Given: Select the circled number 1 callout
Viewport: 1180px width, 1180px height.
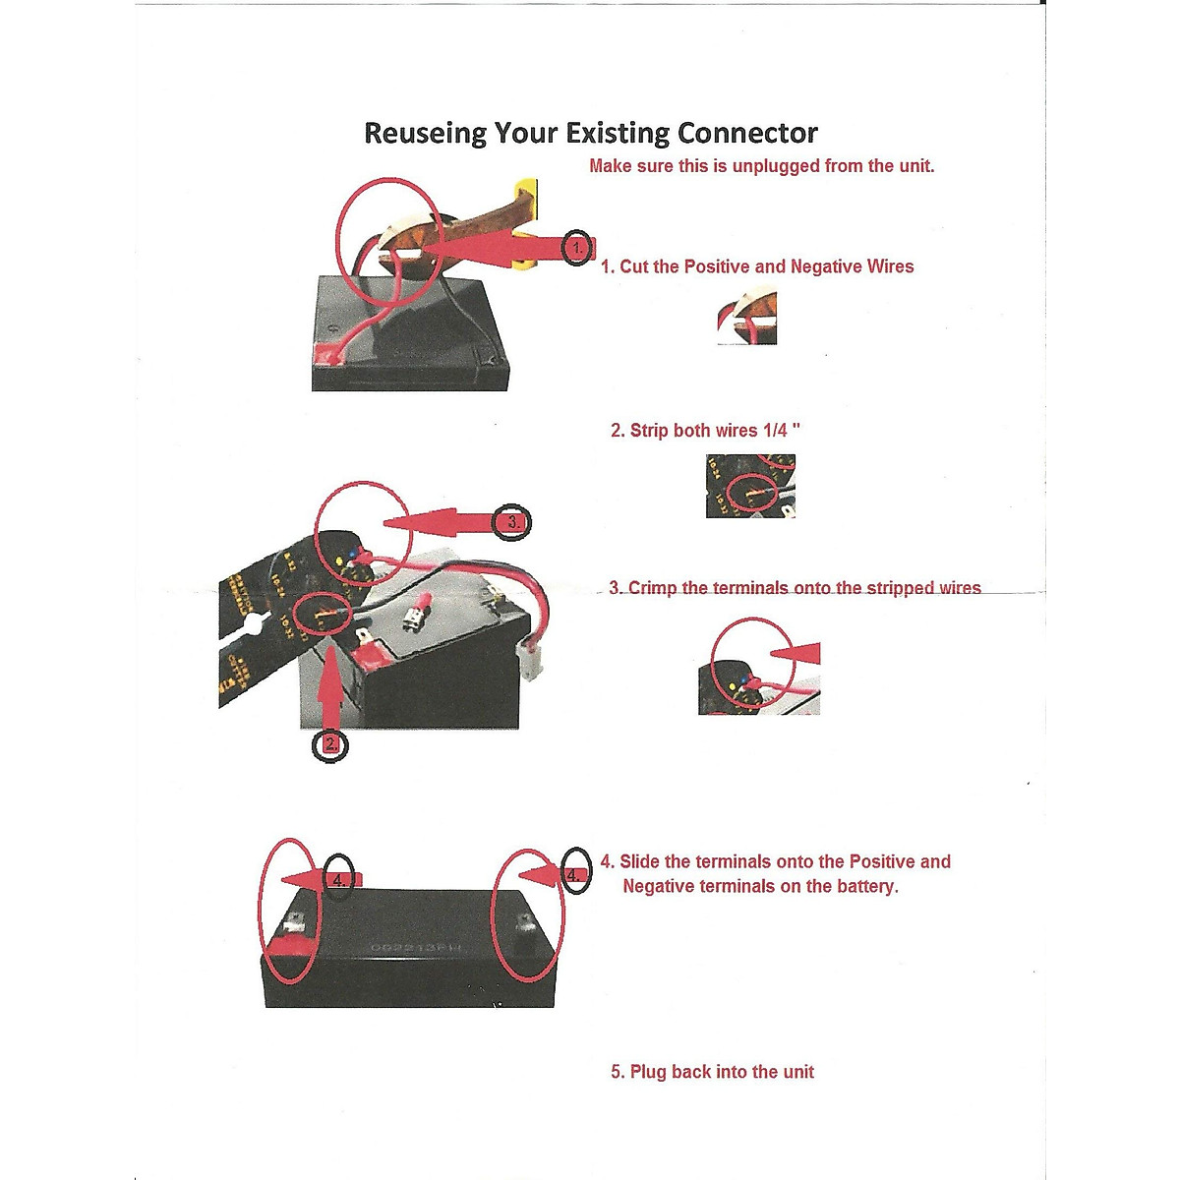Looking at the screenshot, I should click(578, 248).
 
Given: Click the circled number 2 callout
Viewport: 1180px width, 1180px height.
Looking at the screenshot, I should click(329, 744).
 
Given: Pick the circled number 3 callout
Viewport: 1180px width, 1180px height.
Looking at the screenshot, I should click(513, 522).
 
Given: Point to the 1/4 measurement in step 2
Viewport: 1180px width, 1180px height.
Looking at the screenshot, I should click(777, 431).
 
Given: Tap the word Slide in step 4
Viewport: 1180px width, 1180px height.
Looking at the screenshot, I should click(640, 862).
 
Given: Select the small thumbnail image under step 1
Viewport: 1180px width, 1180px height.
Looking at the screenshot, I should click(747, 321).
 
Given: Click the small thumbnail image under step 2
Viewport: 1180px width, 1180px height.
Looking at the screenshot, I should click(750, 486).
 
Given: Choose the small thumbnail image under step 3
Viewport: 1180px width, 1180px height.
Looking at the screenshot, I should click(758, 667).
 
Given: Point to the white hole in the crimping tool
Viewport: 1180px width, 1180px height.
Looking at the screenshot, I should click(251, 625).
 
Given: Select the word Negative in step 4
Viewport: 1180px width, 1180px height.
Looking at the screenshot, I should click(665, 887).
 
